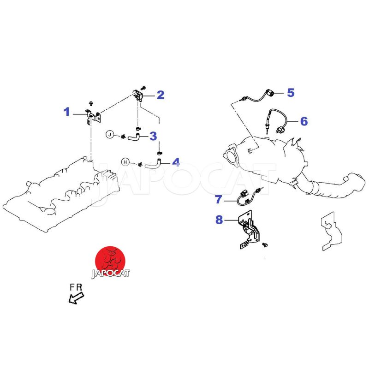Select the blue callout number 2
pyautogui.click(x=161, y=95)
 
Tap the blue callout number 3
pyautogui.click(x=153, y=136)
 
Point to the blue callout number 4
pyautogui.click(x=176, y=162)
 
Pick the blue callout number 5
pyautogui.click(x=290, y=93)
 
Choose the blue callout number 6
pyautogui.click(x=304, y=121)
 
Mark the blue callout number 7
pyautogui.click(x=219, y=200)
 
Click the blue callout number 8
pyautogui.click(x=219, y=220)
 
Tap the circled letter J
pyautogui.click(x=110, y=134)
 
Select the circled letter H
pyautogui.click(x=125, y=161)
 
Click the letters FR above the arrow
pyautogui.click(x=76, y=287)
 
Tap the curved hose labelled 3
pyautogui.click(x=134, y=137)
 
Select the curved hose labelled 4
pyautogui.click(x=152, y=163)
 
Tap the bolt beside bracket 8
pyautogui.click(x=265, y=243)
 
